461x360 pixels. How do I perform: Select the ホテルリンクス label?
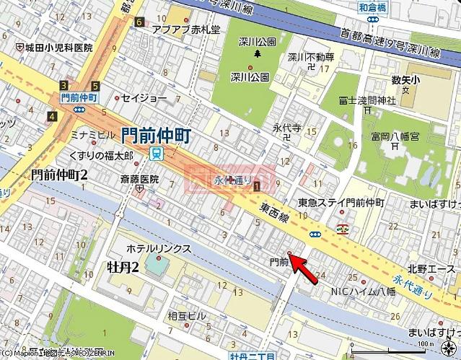[159, 248]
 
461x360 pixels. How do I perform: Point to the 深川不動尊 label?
[311, 57]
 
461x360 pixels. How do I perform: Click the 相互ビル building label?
[187, 316]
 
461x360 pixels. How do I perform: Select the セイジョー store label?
[144, 97]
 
